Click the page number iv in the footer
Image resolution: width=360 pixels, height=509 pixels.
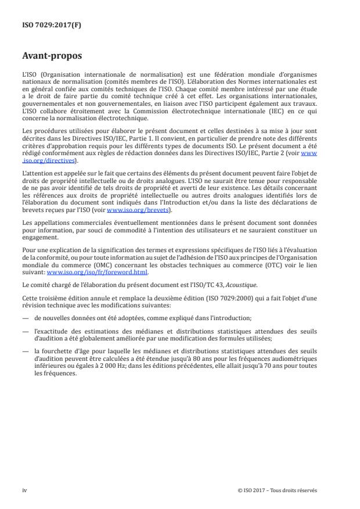[24, 490]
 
